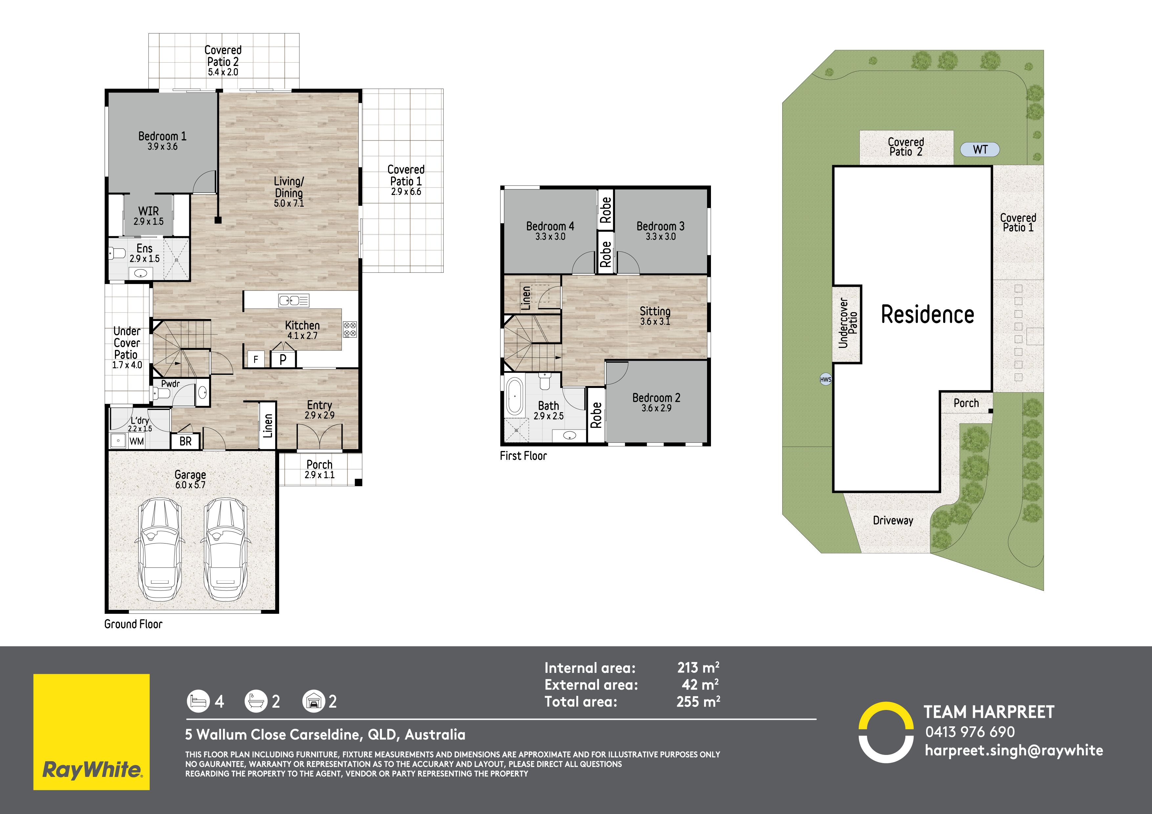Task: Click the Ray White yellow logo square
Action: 91,732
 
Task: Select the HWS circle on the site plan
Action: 825,380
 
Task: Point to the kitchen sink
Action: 294,300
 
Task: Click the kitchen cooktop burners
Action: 350,329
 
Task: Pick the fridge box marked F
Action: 256,359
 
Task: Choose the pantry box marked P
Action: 283,359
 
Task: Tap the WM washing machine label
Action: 137,441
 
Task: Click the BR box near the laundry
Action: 186,441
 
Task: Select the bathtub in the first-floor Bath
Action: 514,397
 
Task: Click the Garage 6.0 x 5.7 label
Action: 190,479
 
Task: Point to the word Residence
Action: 927,314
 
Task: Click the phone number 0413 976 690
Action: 970,732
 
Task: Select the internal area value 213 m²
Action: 698,668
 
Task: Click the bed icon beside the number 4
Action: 198,701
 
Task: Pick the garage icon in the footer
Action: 314,701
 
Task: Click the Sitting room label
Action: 655,315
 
